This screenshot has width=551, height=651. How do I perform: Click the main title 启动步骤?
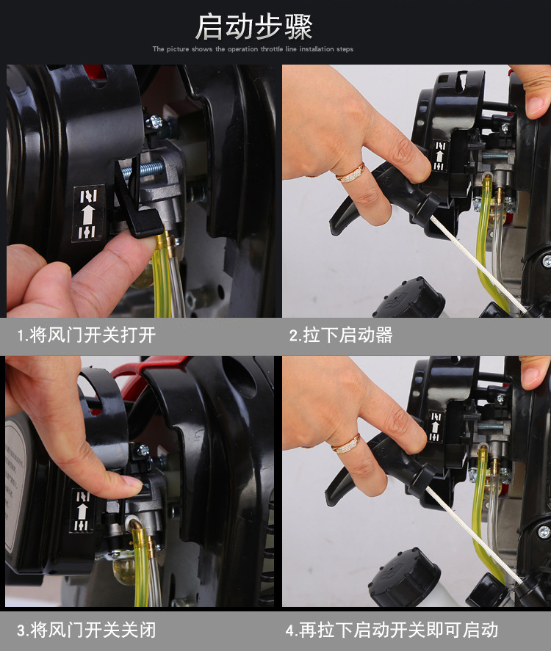(x=254, y=27)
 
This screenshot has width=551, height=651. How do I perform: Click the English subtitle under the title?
(x=253, y=49)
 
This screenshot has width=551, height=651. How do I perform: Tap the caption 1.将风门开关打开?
(x=87, y=335)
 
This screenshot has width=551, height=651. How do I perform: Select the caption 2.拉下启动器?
(x=341, y=335)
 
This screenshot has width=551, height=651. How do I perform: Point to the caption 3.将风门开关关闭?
(x=87, y=630)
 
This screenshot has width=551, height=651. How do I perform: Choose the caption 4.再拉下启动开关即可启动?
(x=392, y=630)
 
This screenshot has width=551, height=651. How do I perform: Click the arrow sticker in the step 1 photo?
(x=87, y=214)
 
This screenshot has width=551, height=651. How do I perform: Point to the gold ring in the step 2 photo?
(x=350, y=172)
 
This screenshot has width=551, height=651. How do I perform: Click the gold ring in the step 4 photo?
(x=346, y=444)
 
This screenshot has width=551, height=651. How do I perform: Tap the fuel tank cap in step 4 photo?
(x=404, y=577)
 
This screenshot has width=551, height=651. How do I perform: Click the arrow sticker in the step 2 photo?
(x=439, y=156)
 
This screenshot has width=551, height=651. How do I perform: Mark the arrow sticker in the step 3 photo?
(x=82, y=511)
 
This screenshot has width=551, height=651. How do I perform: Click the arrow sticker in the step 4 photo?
(x=436, y=427)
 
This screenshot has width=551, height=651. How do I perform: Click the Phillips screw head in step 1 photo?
(x=154, y=122)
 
